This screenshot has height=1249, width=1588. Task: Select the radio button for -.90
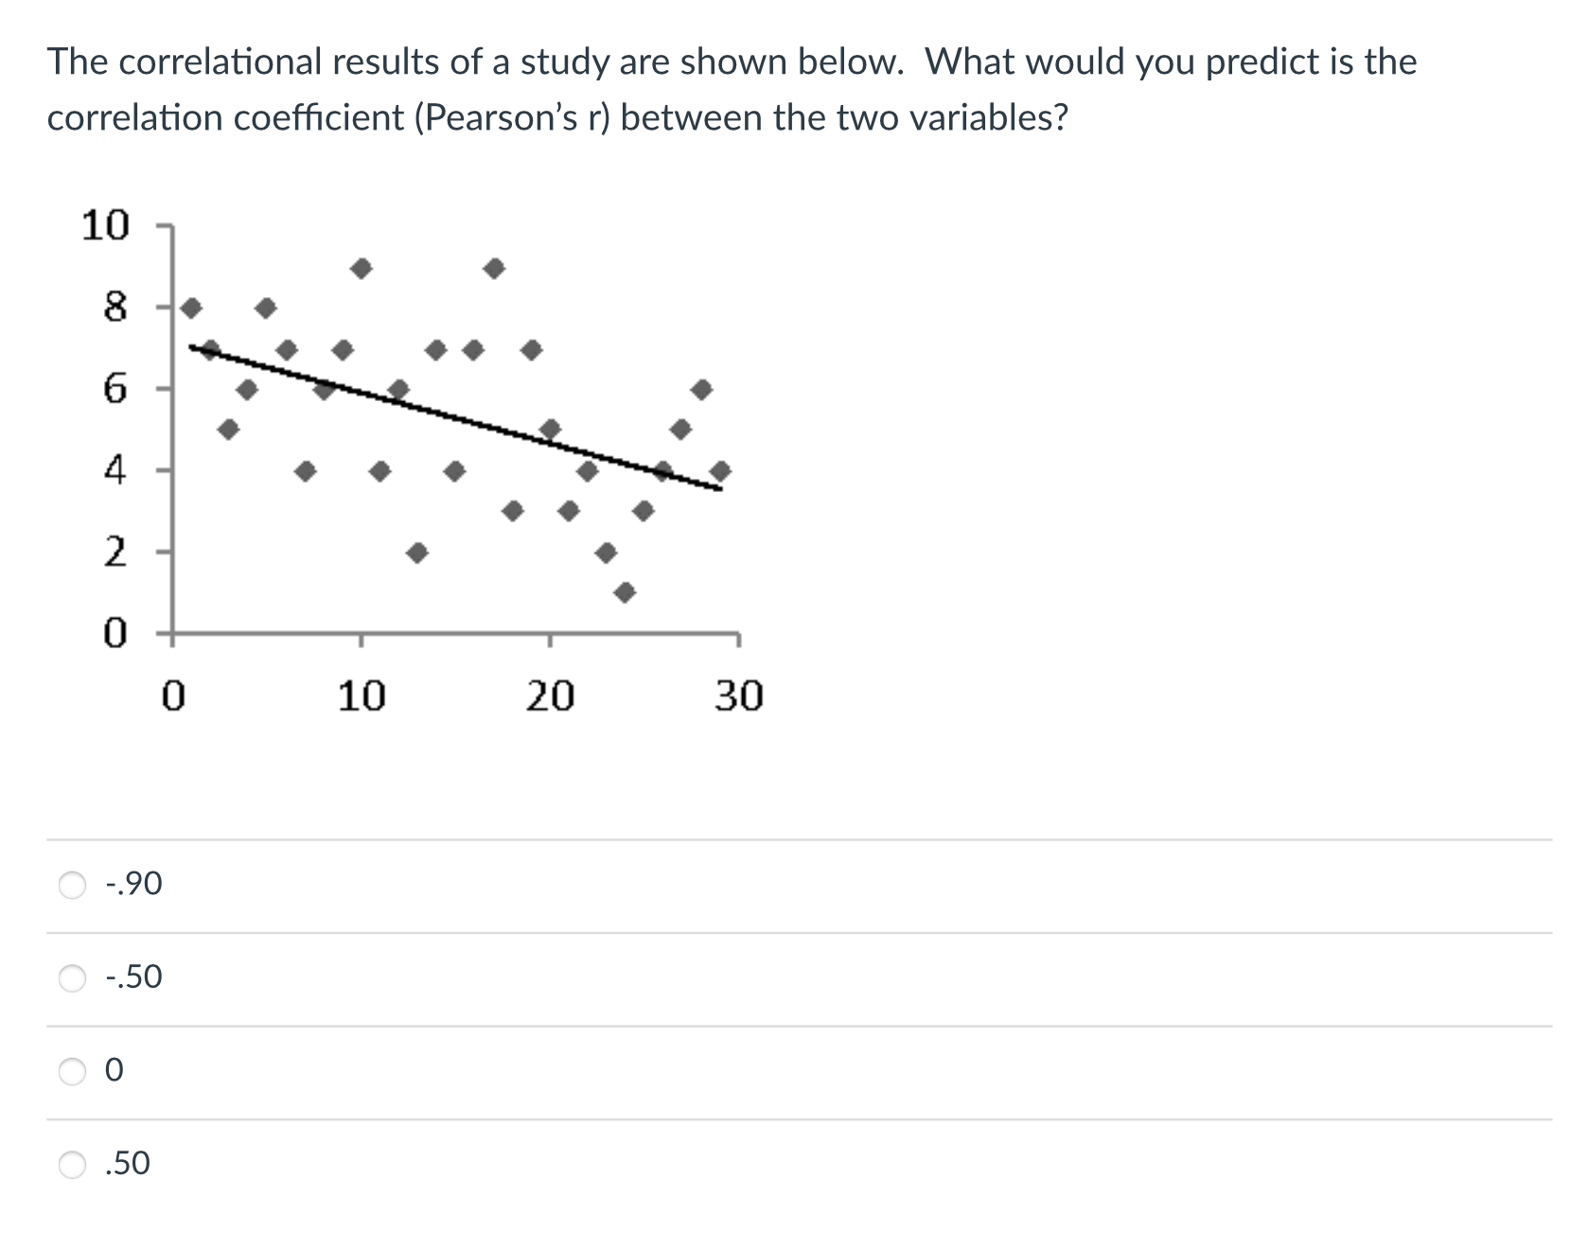click(73, 885)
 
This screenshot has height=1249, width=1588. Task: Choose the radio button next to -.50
click(73, 978)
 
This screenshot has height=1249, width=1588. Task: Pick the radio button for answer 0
click(73, 1071)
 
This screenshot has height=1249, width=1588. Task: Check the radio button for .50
click(73, 1164)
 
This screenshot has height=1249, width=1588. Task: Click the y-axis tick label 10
click(105, 226)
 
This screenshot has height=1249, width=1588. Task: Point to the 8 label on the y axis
click(115, 308)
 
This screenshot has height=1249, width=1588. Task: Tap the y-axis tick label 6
click(115, 389)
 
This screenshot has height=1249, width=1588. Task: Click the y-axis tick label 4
click(115, 469)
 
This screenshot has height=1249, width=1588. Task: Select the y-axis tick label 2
click(115, 551)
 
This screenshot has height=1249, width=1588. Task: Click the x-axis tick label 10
click(362, 696)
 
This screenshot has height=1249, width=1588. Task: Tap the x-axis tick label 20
click(550, 696)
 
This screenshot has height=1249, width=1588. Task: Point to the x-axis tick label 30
click(738, 696)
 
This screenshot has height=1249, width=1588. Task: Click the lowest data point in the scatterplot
click(625, 592)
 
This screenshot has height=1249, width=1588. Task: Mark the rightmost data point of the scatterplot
click(720, 470)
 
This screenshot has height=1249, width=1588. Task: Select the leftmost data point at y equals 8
click(192, 308)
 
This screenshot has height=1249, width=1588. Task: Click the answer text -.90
click(134, 884)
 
